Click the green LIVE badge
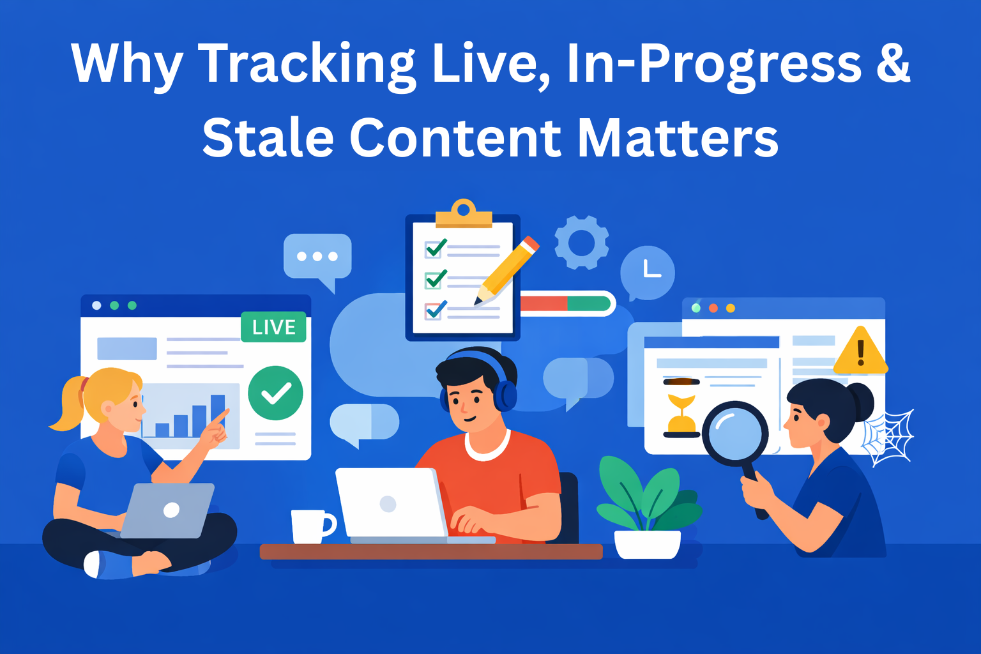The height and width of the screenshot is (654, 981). [273, 327]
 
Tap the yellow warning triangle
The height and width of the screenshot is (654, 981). [860, 353]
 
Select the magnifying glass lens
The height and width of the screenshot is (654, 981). [735, 432]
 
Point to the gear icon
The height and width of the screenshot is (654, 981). [581, 243]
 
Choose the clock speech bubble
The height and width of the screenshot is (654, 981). [648, 271]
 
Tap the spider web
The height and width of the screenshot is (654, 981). [889, 437]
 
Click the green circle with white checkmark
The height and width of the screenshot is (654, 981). [275, 393]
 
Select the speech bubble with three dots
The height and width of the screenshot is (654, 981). [317, 257]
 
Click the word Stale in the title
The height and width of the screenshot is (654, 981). [268, 137]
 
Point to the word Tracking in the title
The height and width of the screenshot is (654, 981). [307, 64]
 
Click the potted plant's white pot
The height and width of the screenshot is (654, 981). [647, 544]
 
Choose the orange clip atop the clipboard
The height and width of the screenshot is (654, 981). [464, 215]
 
